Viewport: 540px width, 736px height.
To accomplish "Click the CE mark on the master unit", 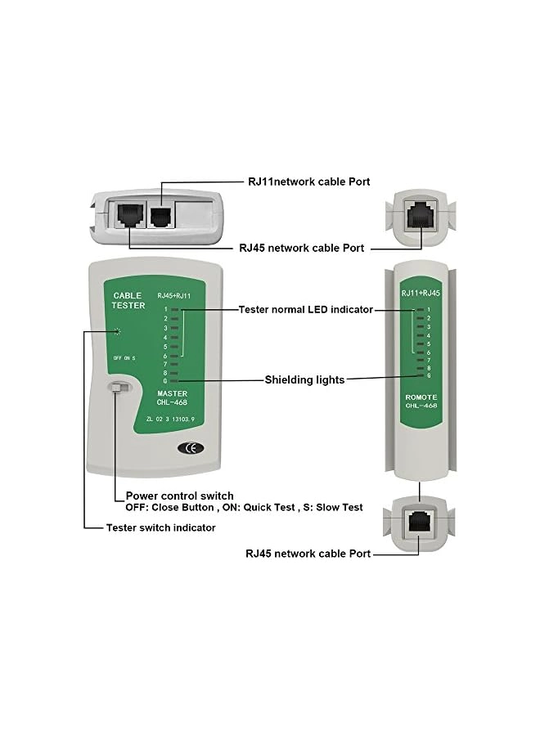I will pos(189,447).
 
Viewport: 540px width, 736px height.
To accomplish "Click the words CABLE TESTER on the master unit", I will pos(128,300).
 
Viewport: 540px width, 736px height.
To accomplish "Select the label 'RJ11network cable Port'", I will pos(309,182).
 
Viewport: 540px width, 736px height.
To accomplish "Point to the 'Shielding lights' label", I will pos(304,379).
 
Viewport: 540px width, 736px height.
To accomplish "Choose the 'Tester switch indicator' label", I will pos(160,527).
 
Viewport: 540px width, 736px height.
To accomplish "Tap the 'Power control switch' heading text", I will pos(179,496).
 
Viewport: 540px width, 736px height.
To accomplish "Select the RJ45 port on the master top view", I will pos(130,215).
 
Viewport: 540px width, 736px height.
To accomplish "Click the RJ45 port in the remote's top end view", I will pos(420,214).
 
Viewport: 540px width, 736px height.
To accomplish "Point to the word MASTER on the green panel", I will pos(172,393).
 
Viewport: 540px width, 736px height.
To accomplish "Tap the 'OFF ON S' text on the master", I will pos(124,358).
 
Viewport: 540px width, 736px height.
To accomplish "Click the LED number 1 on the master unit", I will pos(165,309).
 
